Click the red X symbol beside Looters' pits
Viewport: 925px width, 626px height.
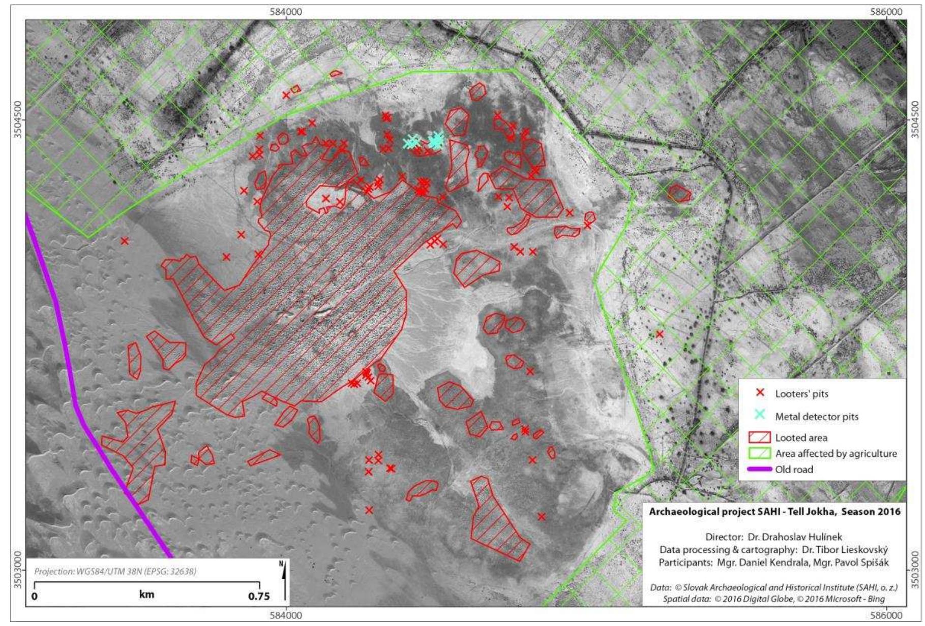tap(760, 393)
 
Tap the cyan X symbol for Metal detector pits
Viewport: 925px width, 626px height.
tap(760, 415)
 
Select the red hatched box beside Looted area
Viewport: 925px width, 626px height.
tap(760, 437)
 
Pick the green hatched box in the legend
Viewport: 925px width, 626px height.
tap(760, 453)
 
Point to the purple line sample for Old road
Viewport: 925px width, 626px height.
tap(760, 469)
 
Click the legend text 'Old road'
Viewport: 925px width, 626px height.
tap(794, 469)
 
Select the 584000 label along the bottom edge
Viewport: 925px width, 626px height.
tap(286, 615)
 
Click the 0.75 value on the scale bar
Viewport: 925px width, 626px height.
tap(259, 596)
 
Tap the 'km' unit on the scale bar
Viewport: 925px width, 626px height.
tap(146, 594)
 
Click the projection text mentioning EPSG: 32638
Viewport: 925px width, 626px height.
tap(115, 571)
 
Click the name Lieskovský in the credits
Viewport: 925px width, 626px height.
tap(866, 550)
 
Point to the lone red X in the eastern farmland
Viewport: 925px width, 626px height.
tap(660, 334)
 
